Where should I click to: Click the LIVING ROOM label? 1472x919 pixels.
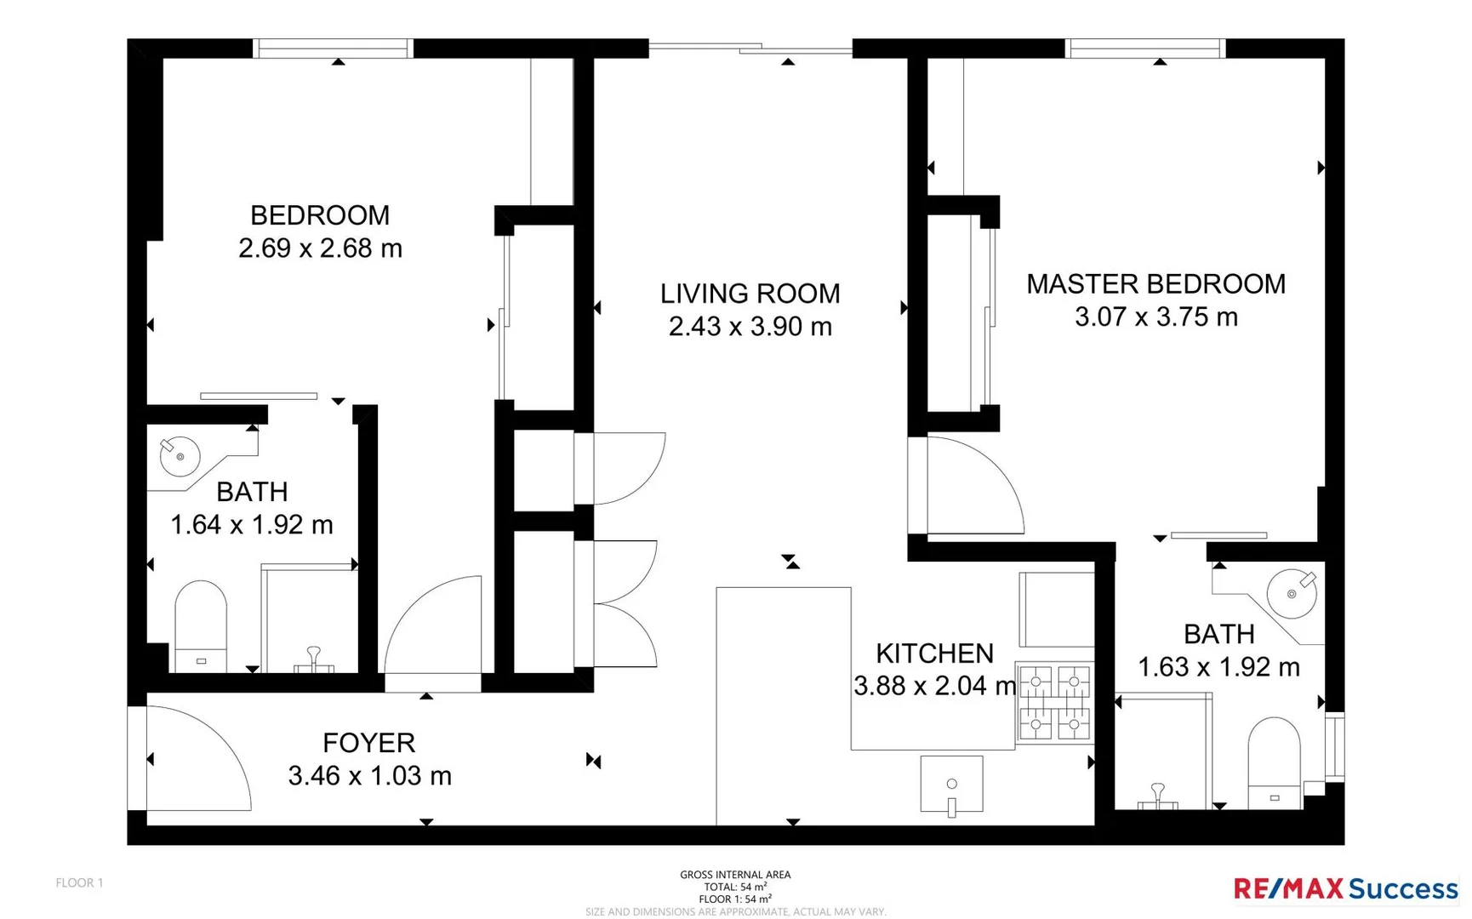[750, 294]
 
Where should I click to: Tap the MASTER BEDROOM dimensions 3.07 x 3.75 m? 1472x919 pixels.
[1155, 317]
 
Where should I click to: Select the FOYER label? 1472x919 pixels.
[368, 743]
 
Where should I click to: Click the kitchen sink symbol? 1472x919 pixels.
[951, 785]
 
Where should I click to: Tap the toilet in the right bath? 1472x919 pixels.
[1274, 762]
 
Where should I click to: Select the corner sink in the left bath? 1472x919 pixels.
[180, 456]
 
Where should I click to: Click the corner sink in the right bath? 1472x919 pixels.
[1292, 593]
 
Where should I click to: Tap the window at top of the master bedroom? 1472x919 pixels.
[1145, 49]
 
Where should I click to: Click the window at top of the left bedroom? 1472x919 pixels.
[333, 49]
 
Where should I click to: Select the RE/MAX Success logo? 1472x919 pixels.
[1345, 889]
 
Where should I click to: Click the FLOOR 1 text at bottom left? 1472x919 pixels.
[79, 882]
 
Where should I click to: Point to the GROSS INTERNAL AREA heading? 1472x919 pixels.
[735, 874]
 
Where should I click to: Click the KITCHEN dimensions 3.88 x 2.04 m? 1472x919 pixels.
[934, 686]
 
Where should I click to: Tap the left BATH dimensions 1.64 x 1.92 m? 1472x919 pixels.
[252, 525]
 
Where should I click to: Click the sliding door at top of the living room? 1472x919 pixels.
[750, 49]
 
